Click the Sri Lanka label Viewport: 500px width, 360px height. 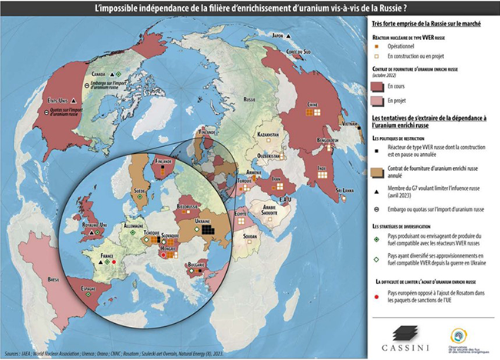pos(342,188)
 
